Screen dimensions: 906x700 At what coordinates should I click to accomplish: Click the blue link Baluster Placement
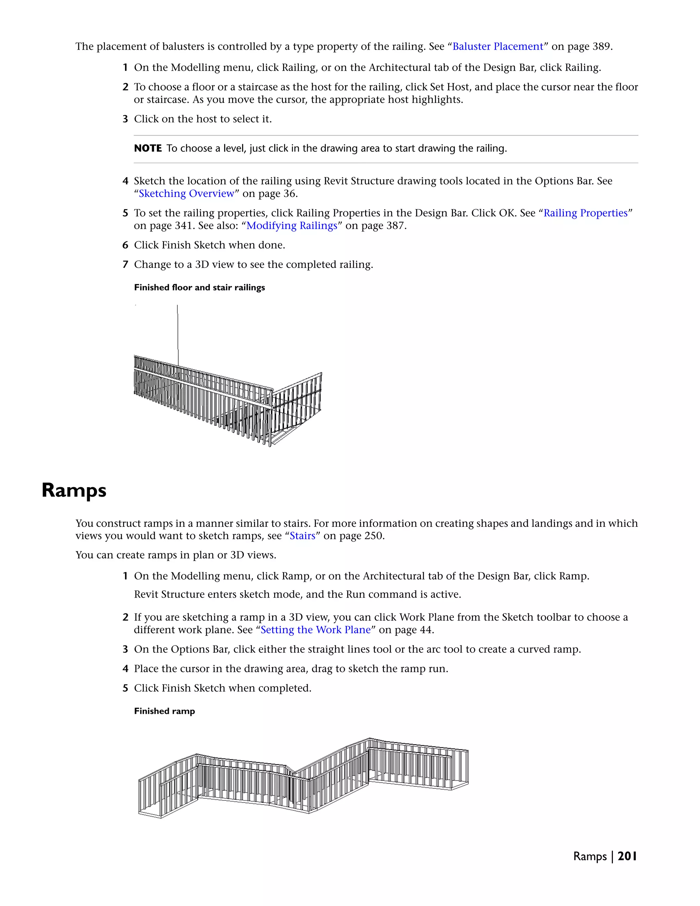tap(498, 46)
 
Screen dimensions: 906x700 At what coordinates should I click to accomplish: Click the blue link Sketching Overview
tap(187, 194)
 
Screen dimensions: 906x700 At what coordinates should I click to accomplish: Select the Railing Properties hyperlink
tap(585, 213)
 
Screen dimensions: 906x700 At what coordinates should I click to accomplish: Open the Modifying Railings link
tap(292, 226)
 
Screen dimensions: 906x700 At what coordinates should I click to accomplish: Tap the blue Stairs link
tap(302, 536)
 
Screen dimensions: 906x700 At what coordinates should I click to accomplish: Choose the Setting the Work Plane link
tap(315, 630)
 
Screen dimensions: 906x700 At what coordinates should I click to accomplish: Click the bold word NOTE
tap(148, 148)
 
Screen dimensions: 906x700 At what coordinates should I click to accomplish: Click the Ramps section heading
tap(74, 490)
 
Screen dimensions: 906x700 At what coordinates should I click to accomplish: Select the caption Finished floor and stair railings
tap(199, 288)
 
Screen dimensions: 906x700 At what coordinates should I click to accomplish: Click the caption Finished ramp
tap(164, 711)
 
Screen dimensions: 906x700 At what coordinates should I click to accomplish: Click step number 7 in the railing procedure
tap(125, 265)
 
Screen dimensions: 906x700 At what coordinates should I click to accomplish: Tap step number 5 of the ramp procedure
tap(125, 688)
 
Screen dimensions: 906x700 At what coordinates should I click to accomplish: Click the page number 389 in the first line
tap(601, 46)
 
